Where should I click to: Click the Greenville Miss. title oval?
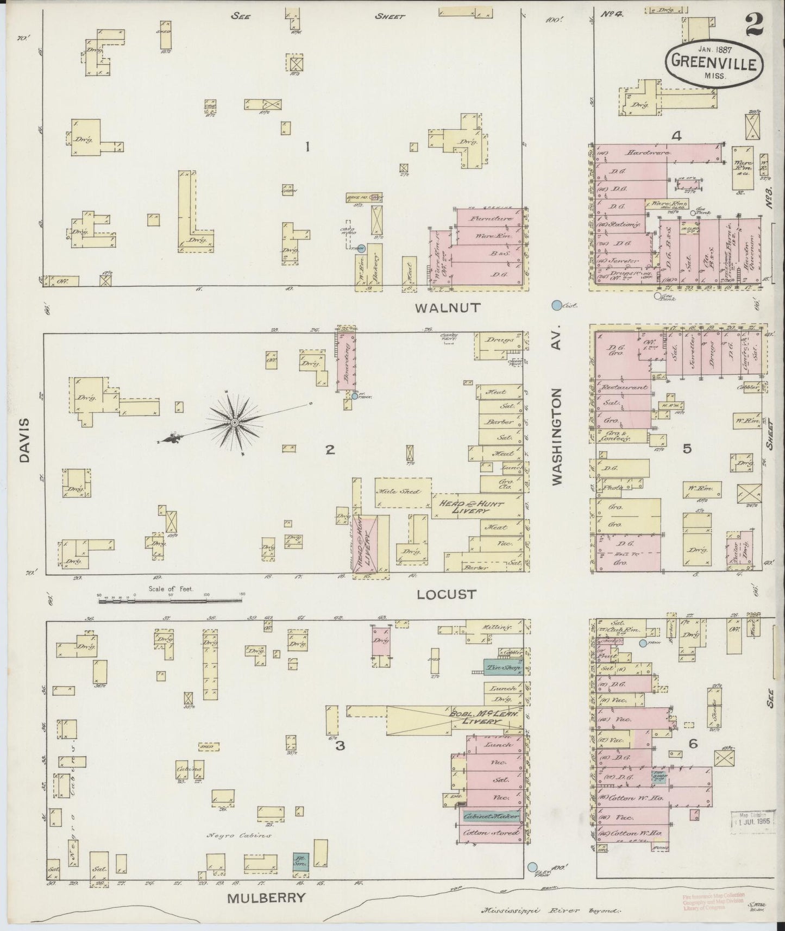click(713, 64)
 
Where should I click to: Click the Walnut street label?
click(448, 308)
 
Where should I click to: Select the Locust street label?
click(446, 594)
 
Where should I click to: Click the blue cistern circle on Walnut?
click(556, 306)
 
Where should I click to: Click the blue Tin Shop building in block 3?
click(503, 668)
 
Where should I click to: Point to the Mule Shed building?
click(404, 492)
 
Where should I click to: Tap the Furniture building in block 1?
click(485, 218)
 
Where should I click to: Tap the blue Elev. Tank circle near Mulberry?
click(532, 866)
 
